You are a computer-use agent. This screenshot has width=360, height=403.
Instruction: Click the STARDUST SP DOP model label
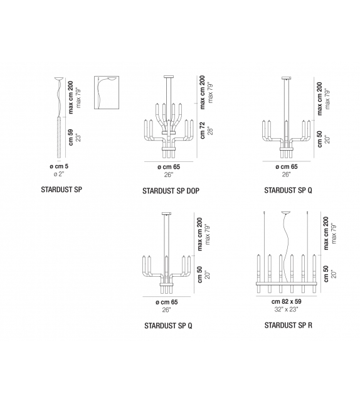pyautogui.click(x=171, y=190)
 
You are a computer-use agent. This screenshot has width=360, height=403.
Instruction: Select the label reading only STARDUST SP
pyautogui.click(x=61, y=188)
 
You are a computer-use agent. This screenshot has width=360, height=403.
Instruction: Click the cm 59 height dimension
pyautogui.click(x=71, y=136)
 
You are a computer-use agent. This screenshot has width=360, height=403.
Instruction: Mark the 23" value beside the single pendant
pyautogui.click(x=80, y=136)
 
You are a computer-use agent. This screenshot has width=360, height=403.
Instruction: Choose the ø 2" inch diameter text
pyautogui.click(x=58, y=174)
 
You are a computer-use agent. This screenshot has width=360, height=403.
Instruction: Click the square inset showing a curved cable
pyautogui.click(x=107, y=94)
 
